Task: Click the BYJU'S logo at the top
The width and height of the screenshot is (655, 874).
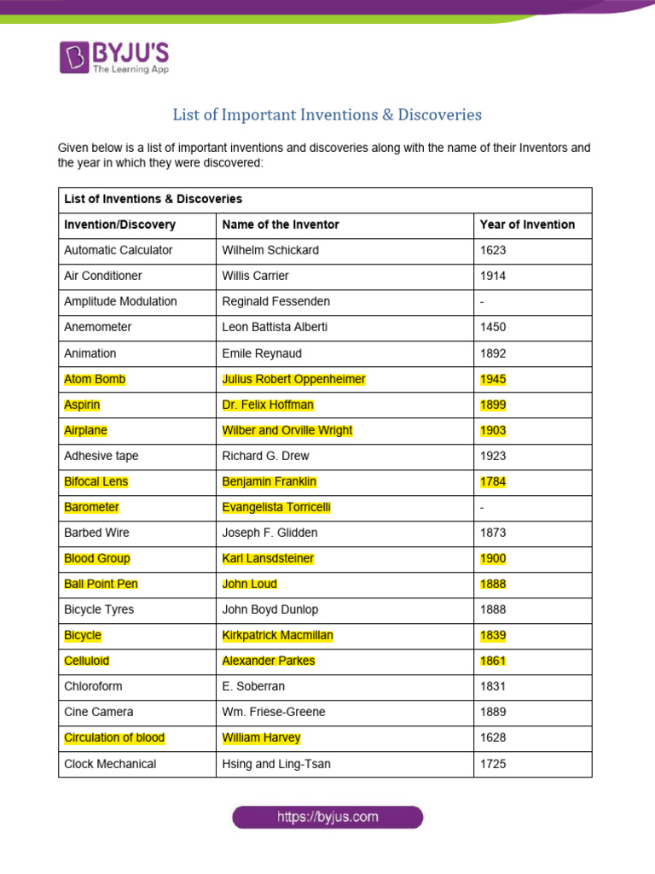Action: coord(114,57)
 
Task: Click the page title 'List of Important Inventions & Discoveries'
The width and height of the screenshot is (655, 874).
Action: coord(327,114)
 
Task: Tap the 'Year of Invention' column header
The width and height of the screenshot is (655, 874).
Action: coord(527,224)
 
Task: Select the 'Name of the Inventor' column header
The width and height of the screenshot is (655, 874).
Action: coord(281,224)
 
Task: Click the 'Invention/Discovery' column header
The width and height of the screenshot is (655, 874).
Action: coord(119,224)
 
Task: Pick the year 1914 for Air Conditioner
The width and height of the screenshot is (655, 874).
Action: coord(493,276)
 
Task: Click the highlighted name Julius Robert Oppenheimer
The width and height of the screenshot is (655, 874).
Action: coord(293,379)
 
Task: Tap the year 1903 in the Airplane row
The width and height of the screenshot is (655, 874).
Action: coord(493,430)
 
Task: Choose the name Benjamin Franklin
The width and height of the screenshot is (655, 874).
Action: coord(269,481)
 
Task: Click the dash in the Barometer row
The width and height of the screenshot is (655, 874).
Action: coord(483,507)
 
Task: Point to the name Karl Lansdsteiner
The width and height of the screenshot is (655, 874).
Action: coord(268,558)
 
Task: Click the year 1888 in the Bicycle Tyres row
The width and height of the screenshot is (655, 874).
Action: coord(493,609)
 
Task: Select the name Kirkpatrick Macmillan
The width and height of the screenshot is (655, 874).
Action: coord(277,635)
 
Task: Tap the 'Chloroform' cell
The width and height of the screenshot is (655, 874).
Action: coord(92,686)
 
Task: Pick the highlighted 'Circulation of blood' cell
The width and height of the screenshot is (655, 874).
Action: coord(114,737)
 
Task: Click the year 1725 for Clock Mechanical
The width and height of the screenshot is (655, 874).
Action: coord(493,764)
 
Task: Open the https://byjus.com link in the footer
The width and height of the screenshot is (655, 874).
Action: coord(327,817)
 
